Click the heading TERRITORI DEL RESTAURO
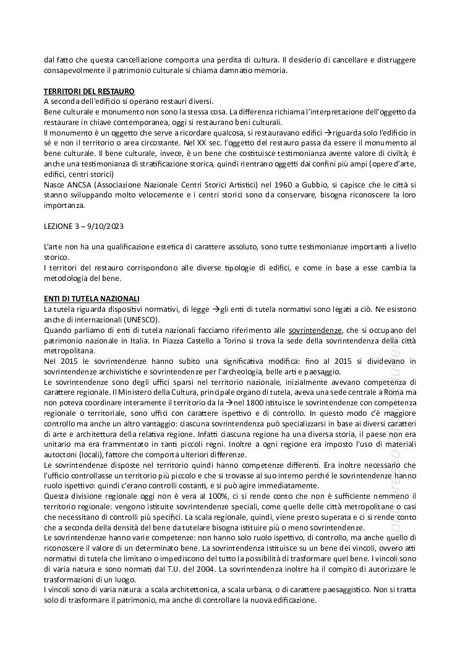pos(89,92)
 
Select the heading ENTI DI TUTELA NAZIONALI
pos(92,298)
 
